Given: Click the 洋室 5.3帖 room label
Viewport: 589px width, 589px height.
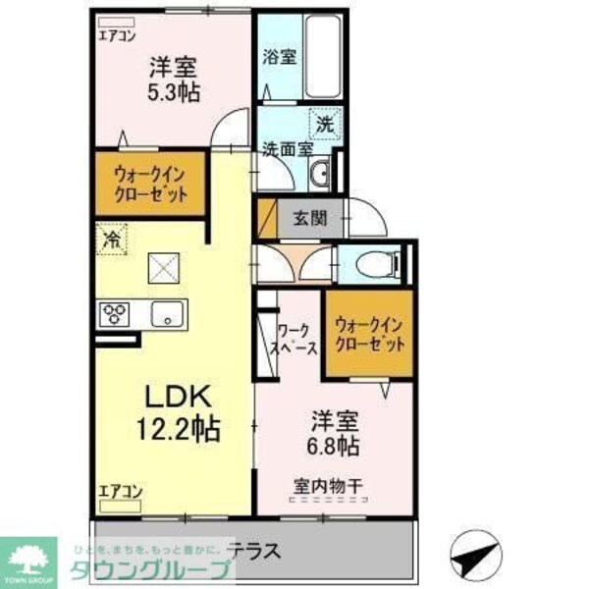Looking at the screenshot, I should point(173,80).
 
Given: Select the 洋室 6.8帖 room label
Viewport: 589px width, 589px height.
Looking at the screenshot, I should point(329,433).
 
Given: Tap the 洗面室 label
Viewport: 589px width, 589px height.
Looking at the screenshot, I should point(287,149).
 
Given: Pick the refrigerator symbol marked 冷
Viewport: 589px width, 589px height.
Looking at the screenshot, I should point(113,238).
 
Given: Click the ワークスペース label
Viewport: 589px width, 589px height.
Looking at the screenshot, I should point(294,340).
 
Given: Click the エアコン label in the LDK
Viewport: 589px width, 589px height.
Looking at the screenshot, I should point(120,493).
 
